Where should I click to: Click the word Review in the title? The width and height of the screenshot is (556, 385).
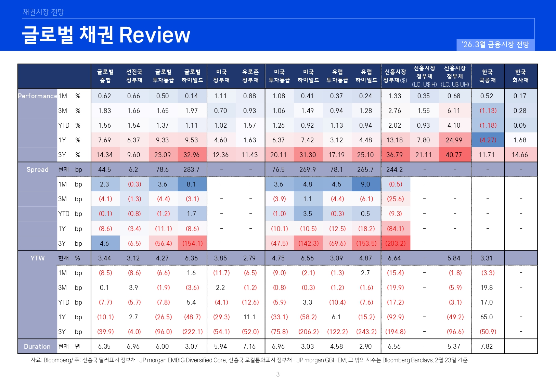pos(154,35)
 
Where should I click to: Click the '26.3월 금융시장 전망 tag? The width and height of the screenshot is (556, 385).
pos(495,45)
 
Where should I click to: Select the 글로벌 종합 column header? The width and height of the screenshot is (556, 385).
pos(105,76)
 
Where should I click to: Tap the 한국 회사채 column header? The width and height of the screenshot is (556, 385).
pos(520,76)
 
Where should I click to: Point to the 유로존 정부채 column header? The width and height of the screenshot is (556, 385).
pos(250,76)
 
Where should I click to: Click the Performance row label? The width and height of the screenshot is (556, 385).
pos(37,96)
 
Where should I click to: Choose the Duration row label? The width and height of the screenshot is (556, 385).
pos(37,346)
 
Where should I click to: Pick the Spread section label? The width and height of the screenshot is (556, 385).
pos(37,169)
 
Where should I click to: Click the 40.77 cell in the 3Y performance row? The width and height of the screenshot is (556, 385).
pos(454,155)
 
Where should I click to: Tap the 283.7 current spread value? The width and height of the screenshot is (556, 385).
pos(191,169)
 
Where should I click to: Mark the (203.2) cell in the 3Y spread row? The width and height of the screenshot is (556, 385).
pos(395,243)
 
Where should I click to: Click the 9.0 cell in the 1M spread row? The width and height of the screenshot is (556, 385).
pos(365,184)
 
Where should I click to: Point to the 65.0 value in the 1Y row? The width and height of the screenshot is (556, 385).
pos(487,317)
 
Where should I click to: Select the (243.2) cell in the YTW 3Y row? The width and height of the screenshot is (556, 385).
pos(366,332)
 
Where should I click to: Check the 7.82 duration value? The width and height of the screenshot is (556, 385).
pos(487,346)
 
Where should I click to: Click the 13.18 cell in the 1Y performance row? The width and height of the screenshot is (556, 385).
pos(395,140)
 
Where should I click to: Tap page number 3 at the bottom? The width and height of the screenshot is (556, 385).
pos(278,374)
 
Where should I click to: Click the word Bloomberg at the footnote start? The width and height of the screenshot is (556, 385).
pos(57,360)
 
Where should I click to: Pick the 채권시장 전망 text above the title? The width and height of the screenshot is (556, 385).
pos(43,12)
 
